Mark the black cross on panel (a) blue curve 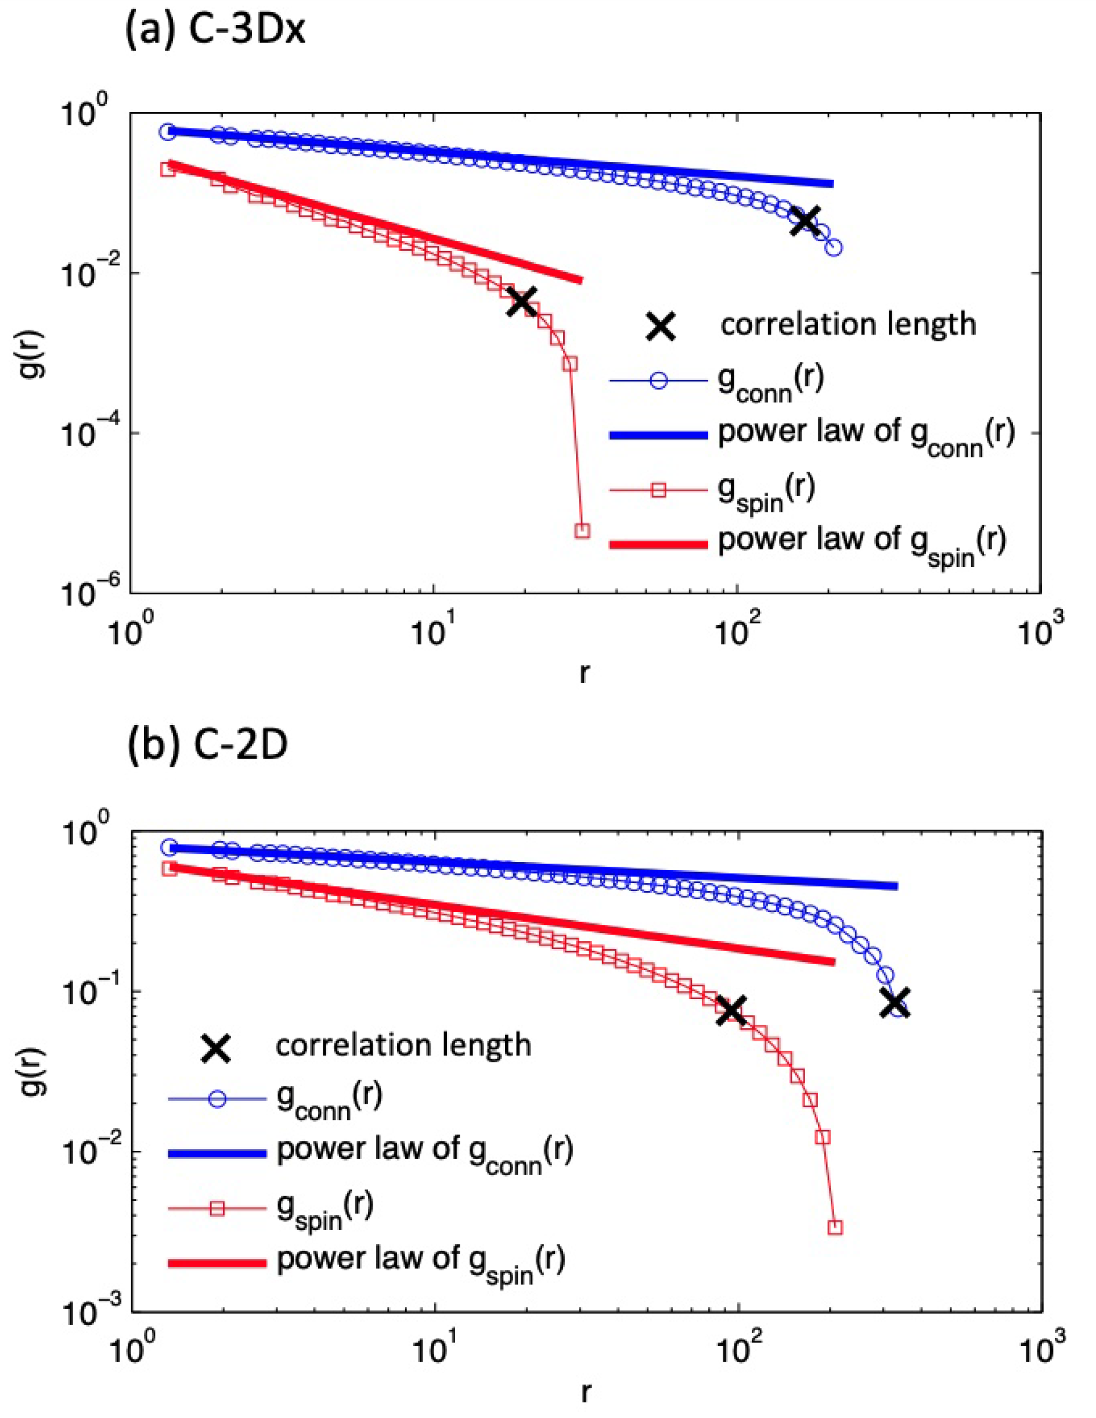pyautogui.click(x=805, y=221)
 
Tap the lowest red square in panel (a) pyautogui.click(x=582, y=530)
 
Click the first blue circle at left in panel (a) pyautogui.click(x=167, y=132)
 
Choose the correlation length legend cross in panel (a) pyautogui.click(x=660, y=325)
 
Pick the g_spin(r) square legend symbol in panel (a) pyautogui.click(x=658, y=491)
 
